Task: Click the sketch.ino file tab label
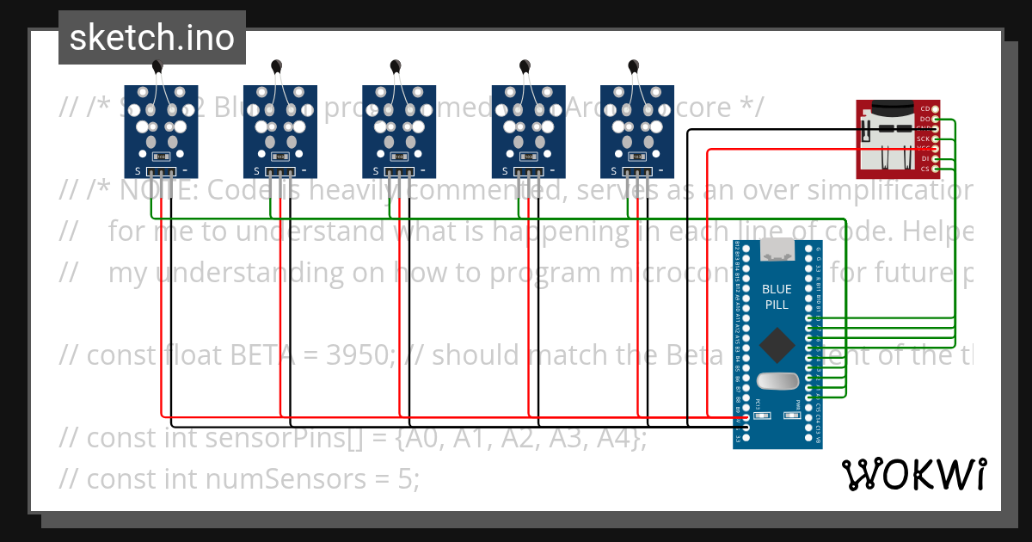click(x=151, y=38)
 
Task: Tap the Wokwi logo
click(x=914, y=474)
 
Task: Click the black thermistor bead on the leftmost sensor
click(x=157, y=66)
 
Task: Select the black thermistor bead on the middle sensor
click(x=396, y=66)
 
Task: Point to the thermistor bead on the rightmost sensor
click(x=634, y=66)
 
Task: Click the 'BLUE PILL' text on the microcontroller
click(x=777, y=297)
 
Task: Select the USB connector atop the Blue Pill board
click(x=777, y=249)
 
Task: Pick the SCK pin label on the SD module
click(x=923, y=139)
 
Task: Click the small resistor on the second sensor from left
click(x=279, y=157)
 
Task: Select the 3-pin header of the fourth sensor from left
click(x=528, y=172)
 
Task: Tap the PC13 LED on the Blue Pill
click(x=759, y=415)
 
